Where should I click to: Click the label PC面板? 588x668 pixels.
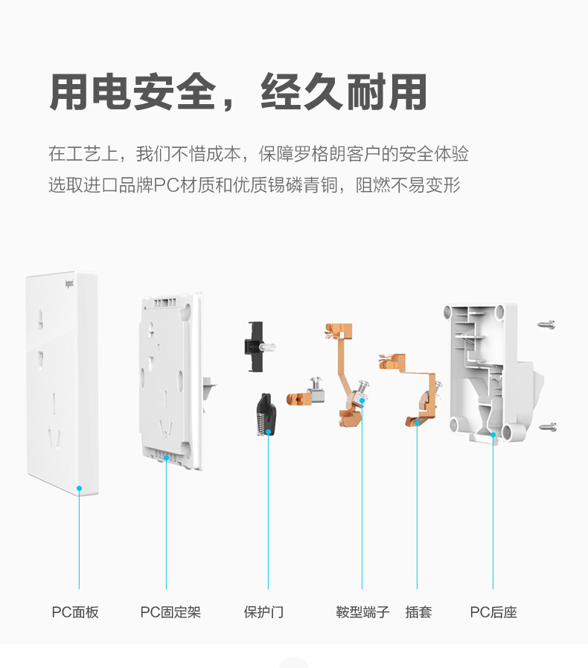click(75, 612)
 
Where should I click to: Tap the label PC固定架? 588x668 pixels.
click(170, 612)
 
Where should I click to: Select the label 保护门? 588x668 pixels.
click(263, 612)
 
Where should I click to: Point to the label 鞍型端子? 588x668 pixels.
click(362, 612)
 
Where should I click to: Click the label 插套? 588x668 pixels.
click(418, 612)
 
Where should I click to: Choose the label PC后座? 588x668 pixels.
click(493, 612)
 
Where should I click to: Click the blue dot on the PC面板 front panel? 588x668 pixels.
click(79, 489)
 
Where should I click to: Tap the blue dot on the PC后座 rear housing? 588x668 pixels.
click(493, 435)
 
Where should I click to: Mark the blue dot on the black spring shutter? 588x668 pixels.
click(268, 431)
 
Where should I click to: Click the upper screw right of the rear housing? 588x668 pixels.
click(547, 324)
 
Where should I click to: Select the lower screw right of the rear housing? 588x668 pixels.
click(547, 427)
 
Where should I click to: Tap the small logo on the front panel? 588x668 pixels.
click(68, 283)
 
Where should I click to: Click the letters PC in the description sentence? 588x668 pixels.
click(164, 184)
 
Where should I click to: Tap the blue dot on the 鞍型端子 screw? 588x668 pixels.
click(362, 400)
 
